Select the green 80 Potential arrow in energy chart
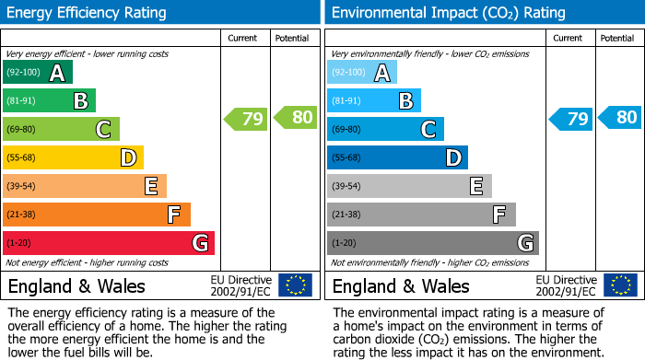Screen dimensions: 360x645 [x=296, y=118]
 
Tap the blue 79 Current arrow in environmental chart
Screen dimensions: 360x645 [x=570, y=119]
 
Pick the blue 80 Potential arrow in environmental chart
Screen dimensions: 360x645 [x=620, y=118]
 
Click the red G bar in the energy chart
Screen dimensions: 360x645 [x=108, y=243]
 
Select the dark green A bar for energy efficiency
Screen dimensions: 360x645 [x=37, y=73]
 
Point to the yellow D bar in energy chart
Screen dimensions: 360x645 [x=73, y=157]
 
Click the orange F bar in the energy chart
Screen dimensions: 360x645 [x=96, y=215]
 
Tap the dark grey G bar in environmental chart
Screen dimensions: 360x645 [x=432, y=243]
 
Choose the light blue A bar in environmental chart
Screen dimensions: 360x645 [x=361, y=73]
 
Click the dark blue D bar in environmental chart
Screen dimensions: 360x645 [x=397, y=157]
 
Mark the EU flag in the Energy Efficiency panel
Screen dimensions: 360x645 [x=296, y=285]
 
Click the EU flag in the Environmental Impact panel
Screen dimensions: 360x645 [x=620, y=285]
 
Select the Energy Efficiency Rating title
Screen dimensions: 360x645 [x=88, y=13]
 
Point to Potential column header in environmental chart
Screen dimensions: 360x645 [x=617, y=39]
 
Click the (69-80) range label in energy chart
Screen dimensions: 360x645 [x=22, y=130]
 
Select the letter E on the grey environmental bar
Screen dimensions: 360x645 [x=476, y=186]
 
